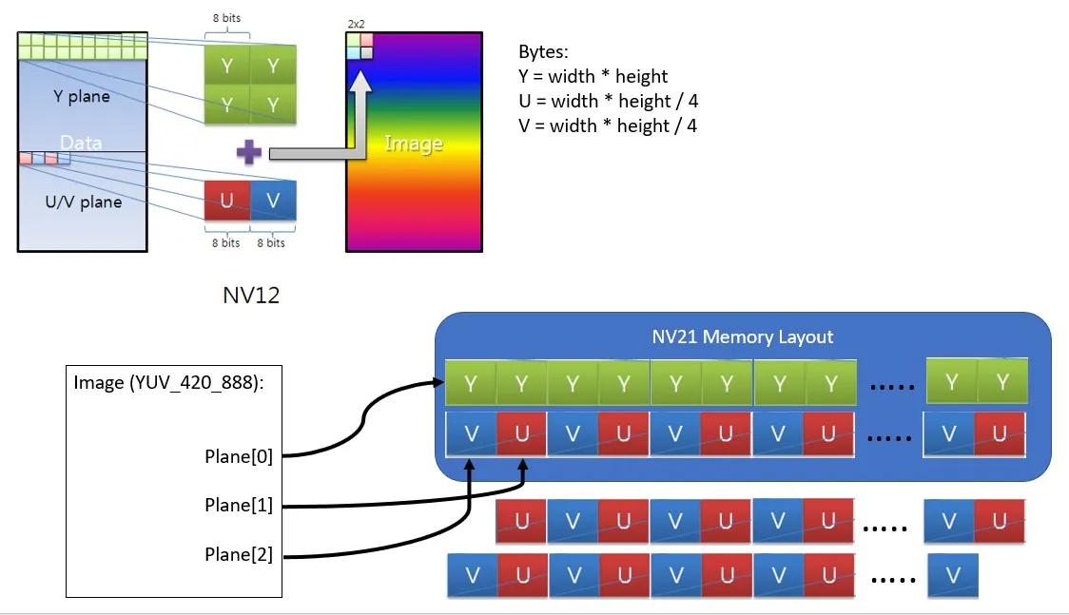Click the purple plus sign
point(248,152)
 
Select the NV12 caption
point(251,297)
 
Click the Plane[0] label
point(239,456)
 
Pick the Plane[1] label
point(239,505)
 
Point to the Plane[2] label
point(239,554)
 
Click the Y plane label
point(82,96)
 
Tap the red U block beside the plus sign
point(227,202)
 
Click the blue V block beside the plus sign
point(273,202)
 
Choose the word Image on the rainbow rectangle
point(413,144)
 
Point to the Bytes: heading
point(543,51)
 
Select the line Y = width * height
point(593,76)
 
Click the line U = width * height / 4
point(609,101)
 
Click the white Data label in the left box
point(81,143)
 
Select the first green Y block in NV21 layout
point(470,384)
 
